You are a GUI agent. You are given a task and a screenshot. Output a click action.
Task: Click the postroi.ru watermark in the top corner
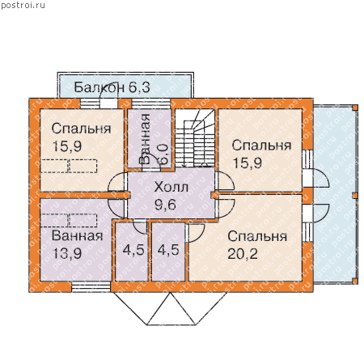pyautogui.click(x=23, y=6)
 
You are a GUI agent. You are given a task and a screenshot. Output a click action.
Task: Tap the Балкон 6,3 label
pyautogui.click(x=112, y=87)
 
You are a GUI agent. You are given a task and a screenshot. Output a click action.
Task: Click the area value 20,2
pyautogui.click(x=243, y=253)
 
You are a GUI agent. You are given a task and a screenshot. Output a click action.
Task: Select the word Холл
pyautogui.click(x=171, y=187)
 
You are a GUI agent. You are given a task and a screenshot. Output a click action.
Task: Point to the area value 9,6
pyautogui.click(x=165, y=205)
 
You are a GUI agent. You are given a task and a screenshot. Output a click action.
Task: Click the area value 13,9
pyautogui.click(x=67, y=253)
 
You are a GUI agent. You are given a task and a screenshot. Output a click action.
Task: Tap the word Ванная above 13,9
pyautogui.click(x=78, y=235)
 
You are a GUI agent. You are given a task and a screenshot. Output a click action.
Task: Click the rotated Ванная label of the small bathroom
pyautogui.click(x=144, y=139)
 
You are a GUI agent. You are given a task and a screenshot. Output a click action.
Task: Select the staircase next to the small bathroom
pyautogui.click(x=195, y=138)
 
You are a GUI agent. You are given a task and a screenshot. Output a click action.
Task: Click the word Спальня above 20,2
pyautogui.click(x=257, y=236)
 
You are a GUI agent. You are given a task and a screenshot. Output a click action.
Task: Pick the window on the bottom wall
pyautogui.click(x=91, y=287)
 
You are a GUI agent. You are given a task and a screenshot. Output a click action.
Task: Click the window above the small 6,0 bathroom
pyautogui.click(x=151, y=104)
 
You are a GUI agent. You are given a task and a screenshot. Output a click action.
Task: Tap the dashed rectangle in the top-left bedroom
pyautogui.click(x=69, y=166)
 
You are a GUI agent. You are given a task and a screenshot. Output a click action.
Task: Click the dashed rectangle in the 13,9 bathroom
pyautogui.click(x=69, y=221)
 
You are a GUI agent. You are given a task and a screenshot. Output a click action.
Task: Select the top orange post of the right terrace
pyautogui.click(x=355, y=108)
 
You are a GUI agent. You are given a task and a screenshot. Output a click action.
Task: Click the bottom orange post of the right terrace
pyautogui.click(x=355, y=281)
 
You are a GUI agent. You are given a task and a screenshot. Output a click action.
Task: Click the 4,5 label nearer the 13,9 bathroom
pyautogui.click(x=133, y=250)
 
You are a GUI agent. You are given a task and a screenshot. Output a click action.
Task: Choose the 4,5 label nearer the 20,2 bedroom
pyautogui.click(x=168, y=250)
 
